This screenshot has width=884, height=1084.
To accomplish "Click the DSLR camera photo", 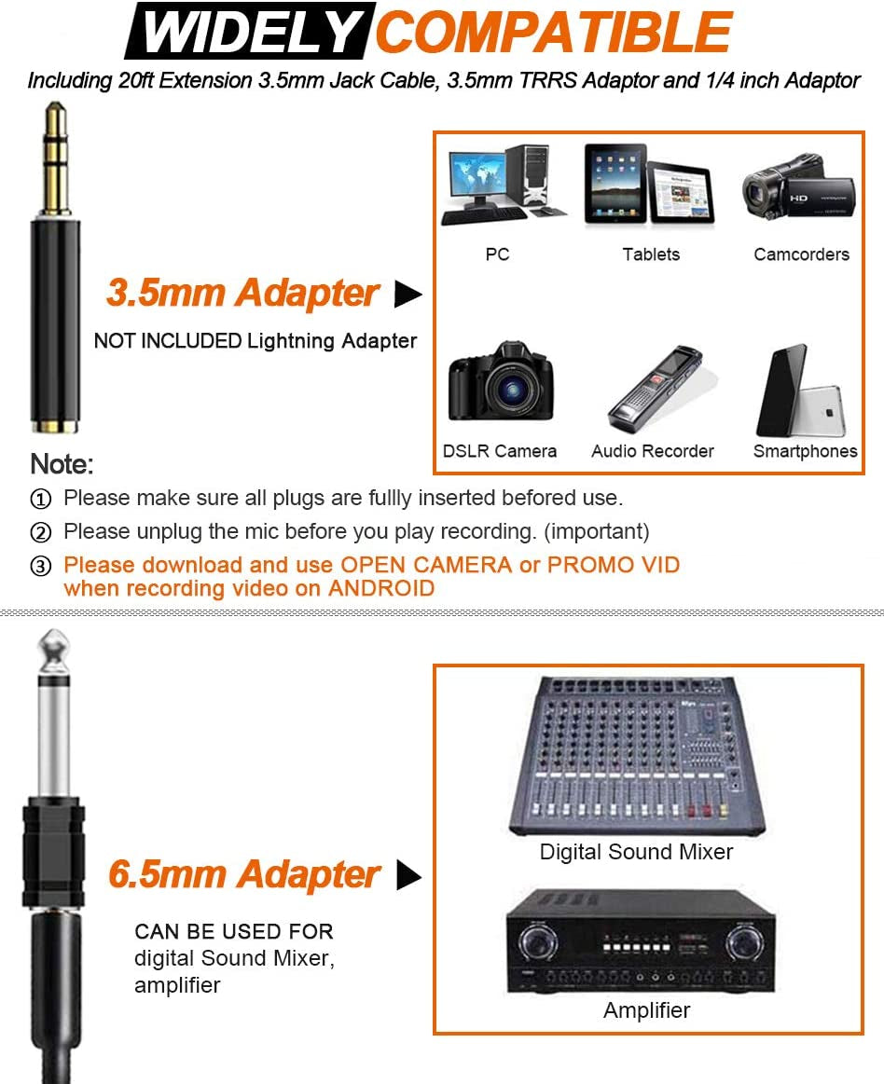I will (501, 383).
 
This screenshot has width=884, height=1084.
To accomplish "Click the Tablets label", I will (651, 254).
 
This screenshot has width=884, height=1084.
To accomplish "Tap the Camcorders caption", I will (801, 254).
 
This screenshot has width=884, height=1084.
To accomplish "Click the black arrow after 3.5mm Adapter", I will (407, 295).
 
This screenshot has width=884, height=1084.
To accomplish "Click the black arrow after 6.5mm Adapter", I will (408, 875).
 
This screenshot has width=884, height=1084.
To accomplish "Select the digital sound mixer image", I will (637, 755).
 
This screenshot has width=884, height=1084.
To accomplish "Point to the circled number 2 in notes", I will (41, 533).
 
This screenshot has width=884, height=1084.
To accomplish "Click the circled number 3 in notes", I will (41, 567).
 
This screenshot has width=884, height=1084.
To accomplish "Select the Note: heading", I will (62, 464).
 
